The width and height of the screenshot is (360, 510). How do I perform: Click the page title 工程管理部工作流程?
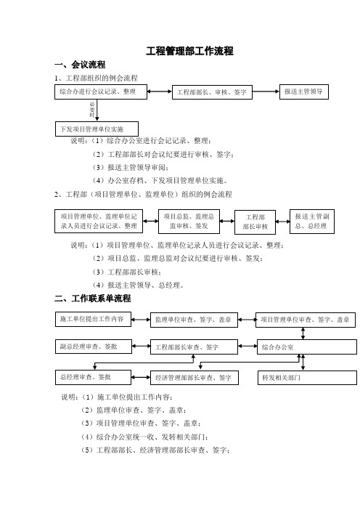pos(189,51)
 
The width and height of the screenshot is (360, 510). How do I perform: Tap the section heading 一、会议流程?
pos(80,65)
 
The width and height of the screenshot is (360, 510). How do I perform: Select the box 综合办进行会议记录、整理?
pos(101,92)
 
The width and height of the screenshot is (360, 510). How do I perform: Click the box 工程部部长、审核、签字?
pos(212,92)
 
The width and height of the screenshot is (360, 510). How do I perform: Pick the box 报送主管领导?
pos(304,92)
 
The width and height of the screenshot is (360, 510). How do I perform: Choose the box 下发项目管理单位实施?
pos(97,129)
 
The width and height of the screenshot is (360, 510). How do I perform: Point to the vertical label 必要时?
pos(92,110)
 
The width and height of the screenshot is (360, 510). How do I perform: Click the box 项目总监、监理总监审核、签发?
pos(189,222)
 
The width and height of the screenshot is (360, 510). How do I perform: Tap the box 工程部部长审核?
pos(255,222)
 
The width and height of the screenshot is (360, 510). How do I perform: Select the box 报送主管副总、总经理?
pos(312,222)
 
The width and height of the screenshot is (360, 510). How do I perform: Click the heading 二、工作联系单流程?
pos(93,299)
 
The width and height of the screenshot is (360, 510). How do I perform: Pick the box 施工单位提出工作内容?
pos(93,319)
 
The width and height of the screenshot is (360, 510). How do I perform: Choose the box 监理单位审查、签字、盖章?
pos(194,320)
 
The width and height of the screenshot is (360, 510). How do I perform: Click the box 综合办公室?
pos(307,347)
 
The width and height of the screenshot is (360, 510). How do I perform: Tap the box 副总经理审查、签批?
pos(94,347)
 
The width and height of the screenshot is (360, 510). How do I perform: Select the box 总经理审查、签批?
pos(93,377)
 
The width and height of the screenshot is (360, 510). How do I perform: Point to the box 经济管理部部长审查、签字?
pos(195,378)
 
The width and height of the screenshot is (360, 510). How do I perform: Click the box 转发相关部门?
pos(307,378)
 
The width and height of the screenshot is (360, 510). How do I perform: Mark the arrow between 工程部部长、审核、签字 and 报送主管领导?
pos(266,92)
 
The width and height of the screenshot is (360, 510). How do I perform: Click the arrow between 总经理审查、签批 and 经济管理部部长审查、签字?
pos(141,378)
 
